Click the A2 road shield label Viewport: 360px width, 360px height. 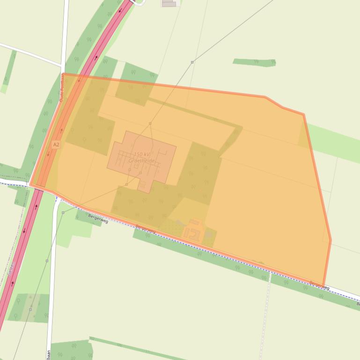click(56, 144)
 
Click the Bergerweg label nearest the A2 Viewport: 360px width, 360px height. click(98, 219)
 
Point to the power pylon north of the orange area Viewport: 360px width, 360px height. click(192, 62)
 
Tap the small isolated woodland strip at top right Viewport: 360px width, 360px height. click(254, 62)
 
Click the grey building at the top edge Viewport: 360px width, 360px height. click(169, 3)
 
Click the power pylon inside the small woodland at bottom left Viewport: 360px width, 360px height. click(30, 309)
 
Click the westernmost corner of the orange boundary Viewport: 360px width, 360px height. click(30, 184)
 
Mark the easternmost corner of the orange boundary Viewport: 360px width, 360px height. click(331, 240)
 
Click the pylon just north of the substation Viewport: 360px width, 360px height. click(150, 123)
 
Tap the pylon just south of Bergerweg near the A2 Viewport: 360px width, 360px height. click(63, 213)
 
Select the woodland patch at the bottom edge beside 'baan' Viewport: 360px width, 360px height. click(70, 350)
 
